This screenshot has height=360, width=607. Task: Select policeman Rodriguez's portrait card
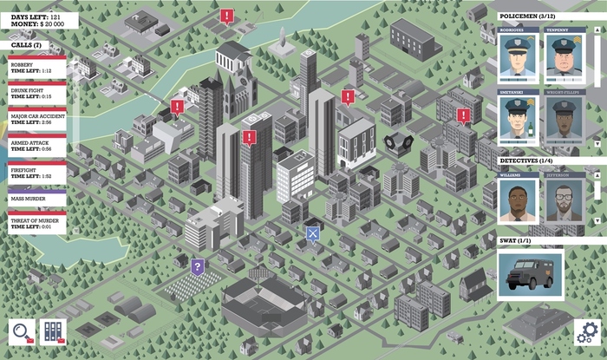518,56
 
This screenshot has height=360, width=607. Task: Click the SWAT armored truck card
530,272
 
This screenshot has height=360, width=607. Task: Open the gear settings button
587,332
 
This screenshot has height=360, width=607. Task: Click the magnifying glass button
22,332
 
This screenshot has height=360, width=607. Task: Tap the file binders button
53,332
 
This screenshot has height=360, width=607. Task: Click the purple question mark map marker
198,265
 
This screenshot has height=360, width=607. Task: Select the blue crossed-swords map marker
312,232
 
